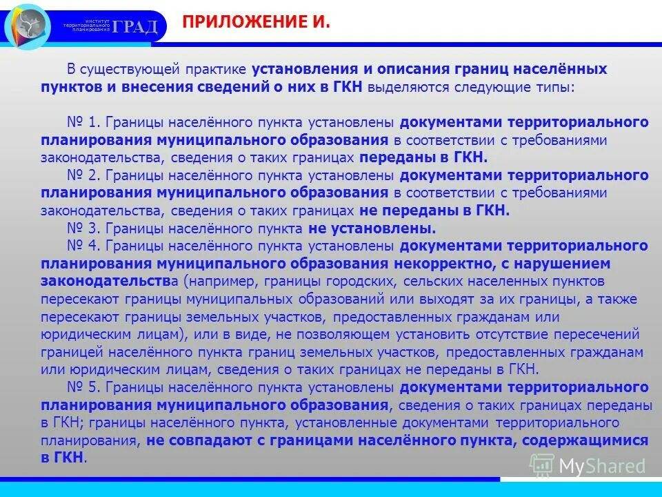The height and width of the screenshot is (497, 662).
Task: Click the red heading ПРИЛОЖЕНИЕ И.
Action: pyautogui.click(x=257, y=23)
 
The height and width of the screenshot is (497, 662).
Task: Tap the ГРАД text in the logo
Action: pyautogui.click(x=136, y=26)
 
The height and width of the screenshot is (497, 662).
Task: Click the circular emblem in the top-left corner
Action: pyautogui.click(x=27, y=26)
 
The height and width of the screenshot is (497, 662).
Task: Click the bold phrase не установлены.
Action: pyautogui.click(x=372, y=228)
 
